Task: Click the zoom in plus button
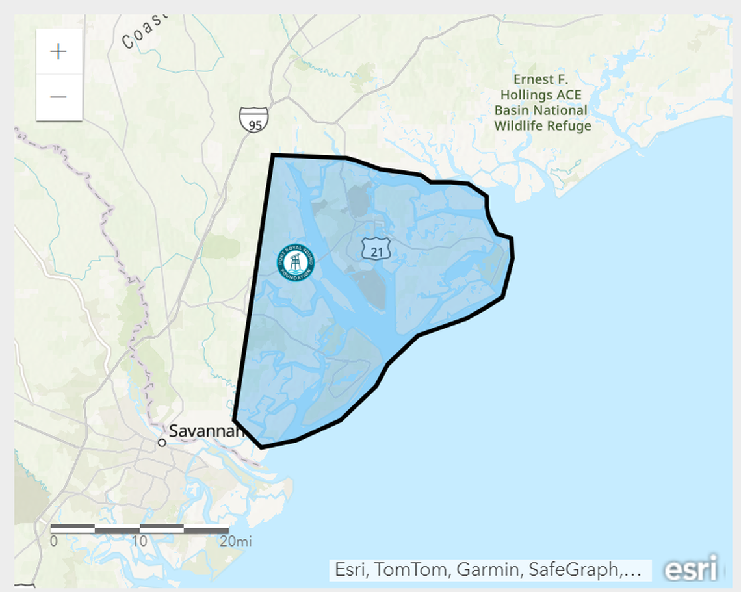click(58, 51)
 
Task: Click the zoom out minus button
click(58, 97)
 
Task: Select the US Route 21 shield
click(373, 248)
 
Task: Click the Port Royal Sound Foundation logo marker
click(295, 263)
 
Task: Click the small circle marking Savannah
click(162, 443)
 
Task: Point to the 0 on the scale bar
click(53, 541)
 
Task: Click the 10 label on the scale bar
click(139, 541)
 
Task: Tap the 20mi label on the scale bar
click(235, 541)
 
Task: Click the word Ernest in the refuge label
click(531, 79)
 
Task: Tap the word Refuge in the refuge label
click(569, 125)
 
